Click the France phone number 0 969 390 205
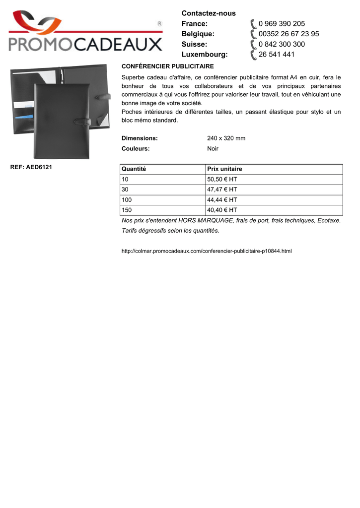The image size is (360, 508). point(282,24)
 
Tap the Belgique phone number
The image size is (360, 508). point(288,34)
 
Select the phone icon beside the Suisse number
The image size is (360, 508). point(253,44)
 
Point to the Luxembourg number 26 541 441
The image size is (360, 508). point(276,54)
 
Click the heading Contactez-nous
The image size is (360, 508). point(209,13)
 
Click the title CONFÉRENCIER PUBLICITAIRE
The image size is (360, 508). point(168,66)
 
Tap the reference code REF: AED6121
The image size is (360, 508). point(31,167)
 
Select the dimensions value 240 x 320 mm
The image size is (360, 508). point(226,138)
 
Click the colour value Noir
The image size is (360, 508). point(213,148)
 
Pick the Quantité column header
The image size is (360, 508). point(134,169)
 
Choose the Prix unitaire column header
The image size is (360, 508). point(224,169)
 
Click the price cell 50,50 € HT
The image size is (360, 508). point(222,179)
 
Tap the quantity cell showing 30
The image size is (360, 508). point(125,190)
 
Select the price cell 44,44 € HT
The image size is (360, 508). point(222,200)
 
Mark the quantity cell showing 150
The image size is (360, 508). point(127,210)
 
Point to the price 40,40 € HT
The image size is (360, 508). point(222,210)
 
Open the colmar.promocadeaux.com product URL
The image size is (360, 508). point(207,251)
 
